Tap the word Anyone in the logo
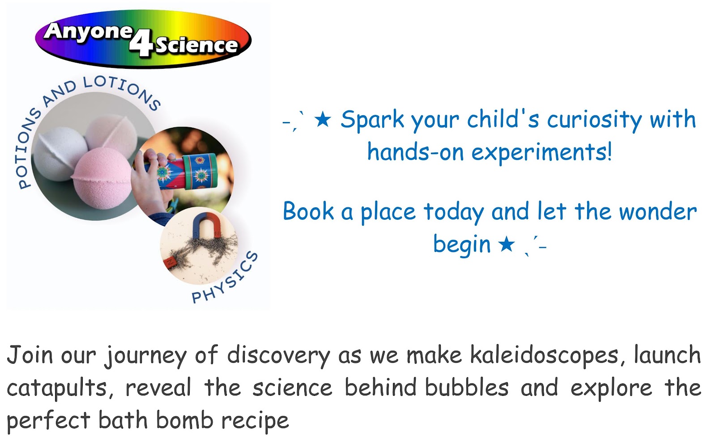tap(88, 32)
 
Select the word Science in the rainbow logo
tap(196, 45)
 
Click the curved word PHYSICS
tap(225, 278)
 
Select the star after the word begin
tap(506, 244)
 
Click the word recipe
tap(255, 421)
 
